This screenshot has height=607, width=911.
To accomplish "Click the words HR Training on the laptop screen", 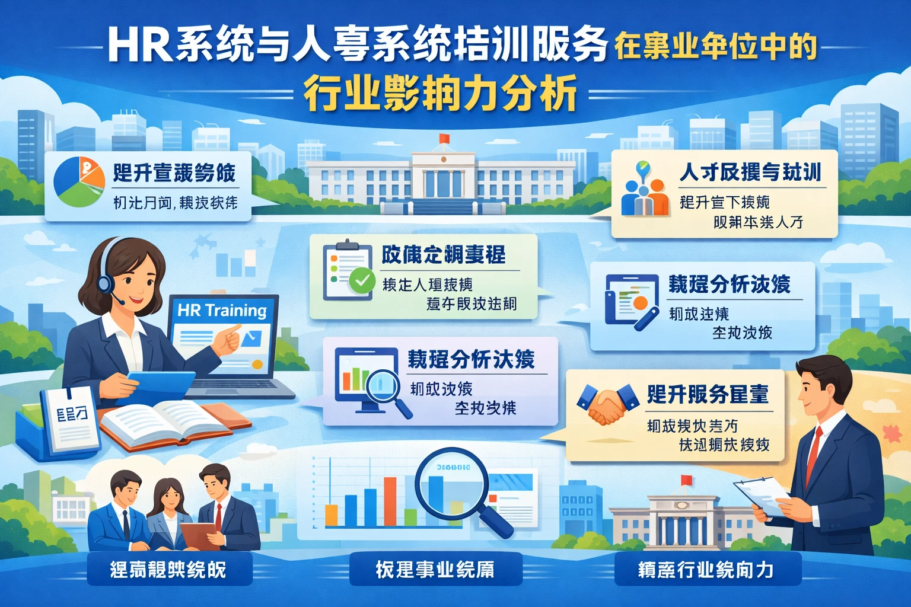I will click(x=222, y=310).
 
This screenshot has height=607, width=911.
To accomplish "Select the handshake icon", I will click(x=606, y=404).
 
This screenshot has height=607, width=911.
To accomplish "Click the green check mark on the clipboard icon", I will click(x=361, y=280).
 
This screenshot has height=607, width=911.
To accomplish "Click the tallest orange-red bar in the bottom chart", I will click(x=390, y=501).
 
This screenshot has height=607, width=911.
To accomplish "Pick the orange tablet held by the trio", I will click(x=198, y=533).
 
